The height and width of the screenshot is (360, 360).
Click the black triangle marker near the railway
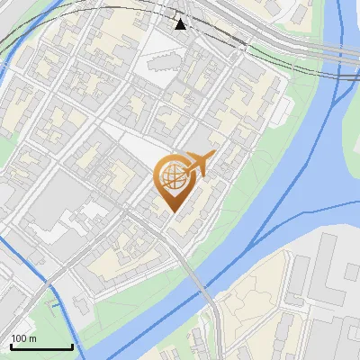tap(181, 23)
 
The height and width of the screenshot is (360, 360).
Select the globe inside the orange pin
tap(172, 178)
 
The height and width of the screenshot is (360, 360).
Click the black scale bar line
tap(41, 346)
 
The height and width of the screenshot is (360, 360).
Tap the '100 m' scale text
tap(24, 338)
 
